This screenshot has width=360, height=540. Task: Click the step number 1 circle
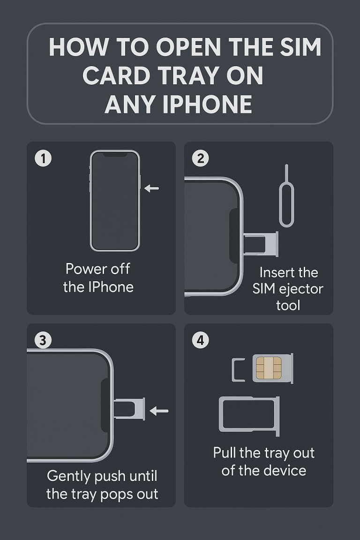tap(43, 158)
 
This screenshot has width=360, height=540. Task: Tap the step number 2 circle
tap(201, 158)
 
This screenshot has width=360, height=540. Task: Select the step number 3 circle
tap(43, 340)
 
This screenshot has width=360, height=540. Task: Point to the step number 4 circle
tap(201, 340)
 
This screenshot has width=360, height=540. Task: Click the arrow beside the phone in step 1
tap(151, 188)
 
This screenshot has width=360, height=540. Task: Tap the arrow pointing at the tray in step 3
tap(159, 411)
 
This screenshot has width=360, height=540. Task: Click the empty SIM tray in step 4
tap(249, 414)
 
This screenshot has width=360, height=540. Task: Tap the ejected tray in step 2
tap(261, 244)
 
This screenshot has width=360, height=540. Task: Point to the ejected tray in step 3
tap(129, 408)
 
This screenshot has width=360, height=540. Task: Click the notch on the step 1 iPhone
tap(115, 154)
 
